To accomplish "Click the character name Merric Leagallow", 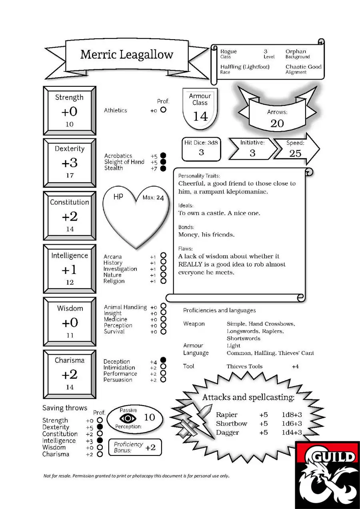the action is point(126,55).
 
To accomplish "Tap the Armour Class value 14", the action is point(200,116).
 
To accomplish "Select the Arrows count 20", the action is point(277,124).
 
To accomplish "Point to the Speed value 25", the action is point(295,154).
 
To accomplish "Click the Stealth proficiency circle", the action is point(163,168).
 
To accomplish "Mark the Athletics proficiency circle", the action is point(163,110).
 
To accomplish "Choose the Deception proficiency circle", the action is point(163,360).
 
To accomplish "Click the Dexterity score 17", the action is point(70,176).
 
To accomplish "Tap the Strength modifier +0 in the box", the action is point(69,112).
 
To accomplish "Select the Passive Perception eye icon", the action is point(128,418).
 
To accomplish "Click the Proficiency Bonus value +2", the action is point(150,447).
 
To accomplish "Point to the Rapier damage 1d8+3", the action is point(292,415).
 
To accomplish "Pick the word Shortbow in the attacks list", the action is point(231,423).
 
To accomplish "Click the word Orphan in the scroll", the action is point(296,51).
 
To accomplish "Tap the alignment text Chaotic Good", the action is point(304,67).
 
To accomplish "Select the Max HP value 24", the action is point(160,198).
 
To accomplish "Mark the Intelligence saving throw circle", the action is point(100,440).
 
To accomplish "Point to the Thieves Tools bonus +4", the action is point(295,367).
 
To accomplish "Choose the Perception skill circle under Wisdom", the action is point(163,325).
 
